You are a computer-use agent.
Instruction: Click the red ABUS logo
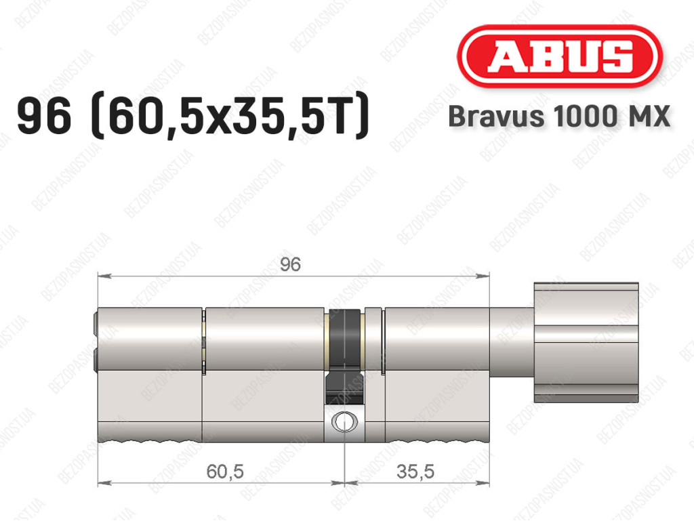tap(559, 56)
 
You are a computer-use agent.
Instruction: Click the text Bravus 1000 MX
tap(559, 117)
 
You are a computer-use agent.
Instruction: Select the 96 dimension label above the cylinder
tap(290, 264)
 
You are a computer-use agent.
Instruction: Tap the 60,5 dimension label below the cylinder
tap(225, 472)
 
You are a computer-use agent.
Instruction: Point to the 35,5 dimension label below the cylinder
tap(415, 472)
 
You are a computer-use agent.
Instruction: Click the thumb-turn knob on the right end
tap(586, 342)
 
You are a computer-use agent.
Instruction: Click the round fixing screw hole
tap(344, 421)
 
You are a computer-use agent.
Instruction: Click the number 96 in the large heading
tap(44, 116)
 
